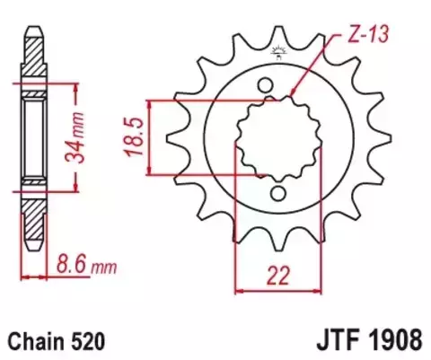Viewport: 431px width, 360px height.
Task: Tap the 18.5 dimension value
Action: pyautogui.click(x=135, y=136)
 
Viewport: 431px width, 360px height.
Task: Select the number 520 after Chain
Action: pyautogui.click(x=91, y=341)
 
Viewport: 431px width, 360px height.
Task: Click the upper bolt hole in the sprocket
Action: pyautogui.click(x=268, y=85)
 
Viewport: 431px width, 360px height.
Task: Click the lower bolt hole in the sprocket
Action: pyautogui.click(x=280, y=193)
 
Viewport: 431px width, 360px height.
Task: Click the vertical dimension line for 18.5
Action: pyautogui.click(x=154, y=136)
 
